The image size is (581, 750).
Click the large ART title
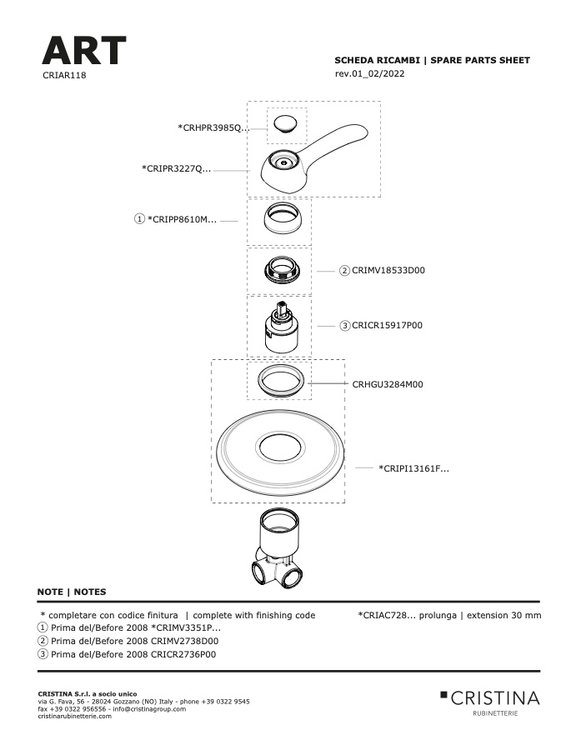(x=83, y=50)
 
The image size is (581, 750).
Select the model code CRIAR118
(x=64, y=75)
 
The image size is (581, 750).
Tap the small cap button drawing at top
(x=285, y=124)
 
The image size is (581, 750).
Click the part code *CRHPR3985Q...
(x=213, y=127)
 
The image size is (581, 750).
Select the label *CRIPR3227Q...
(x=176, y=169)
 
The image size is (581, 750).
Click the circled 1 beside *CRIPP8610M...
(x=139, y=219)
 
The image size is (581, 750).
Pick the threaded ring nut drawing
(x=282, y=270)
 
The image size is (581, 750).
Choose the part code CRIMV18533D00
(x=388, y=270)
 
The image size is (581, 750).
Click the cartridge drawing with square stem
(x=282, y=327)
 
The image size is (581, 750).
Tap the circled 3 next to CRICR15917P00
(x=344, y=326)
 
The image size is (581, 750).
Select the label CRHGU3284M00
(x=388, y=384)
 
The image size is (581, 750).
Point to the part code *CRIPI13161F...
(x=414, y=468)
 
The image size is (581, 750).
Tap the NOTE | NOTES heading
(x=72, y=592)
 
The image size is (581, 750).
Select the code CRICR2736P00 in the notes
(x=183, y=654)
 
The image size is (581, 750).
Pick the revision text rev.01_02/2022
(x=370, y=73)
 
